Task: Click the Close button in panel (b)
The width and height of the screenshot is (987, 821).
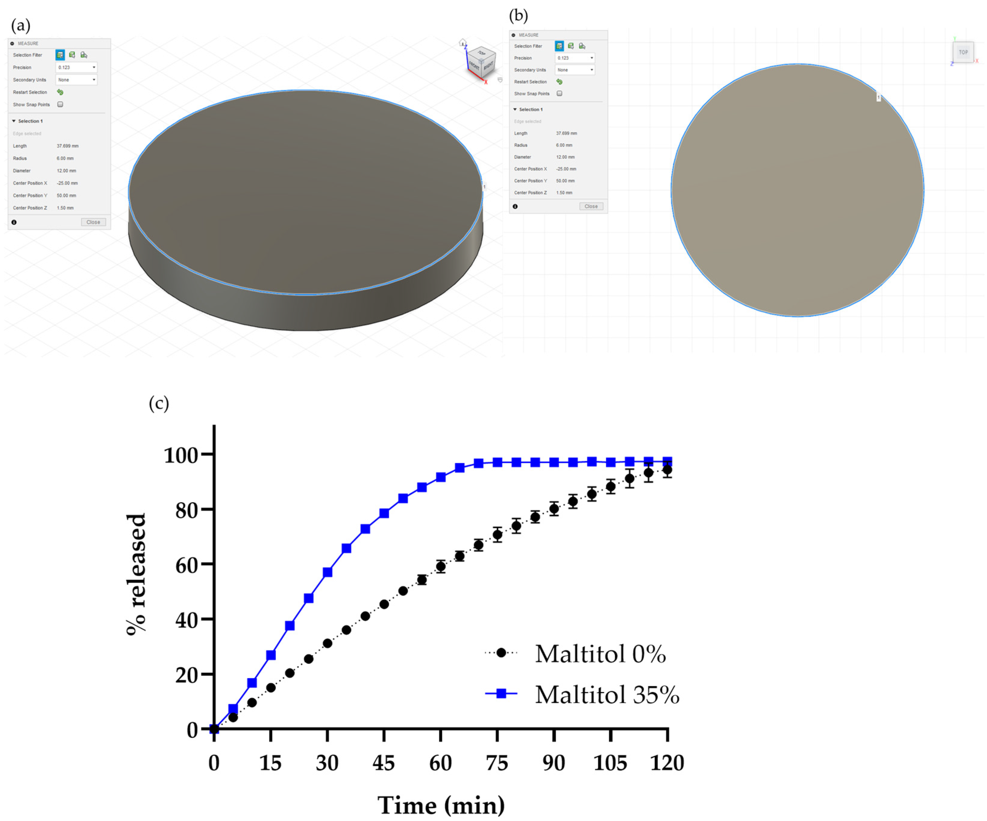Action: pyautogui.click(x=591, y=206)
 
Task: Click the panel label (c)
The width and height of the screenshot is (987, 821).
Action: pyautogui.click(x=158, y=403)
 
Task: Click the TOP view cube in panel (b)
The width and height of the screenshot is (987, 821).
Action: pyautogui.click(x=963, y=52)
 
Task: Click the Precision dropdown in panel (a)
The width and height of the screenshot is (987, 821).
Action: pyautogui.click(x=76, y=67)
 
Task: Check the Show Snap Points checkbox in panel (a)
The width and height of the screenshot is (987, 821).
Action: pyautogui.click(x=60, y=104)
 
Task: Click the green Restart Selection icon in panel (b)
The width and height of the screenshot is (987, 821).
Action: pyautogui.click(x=559, y=82)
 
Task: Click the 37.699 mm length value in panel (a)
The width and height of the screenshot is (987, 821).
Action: pyautogui.click(x=68, y=146)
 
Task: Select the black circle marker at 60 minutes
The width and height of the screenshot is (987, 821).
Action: pyautogui.click(x=440, y=566)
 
